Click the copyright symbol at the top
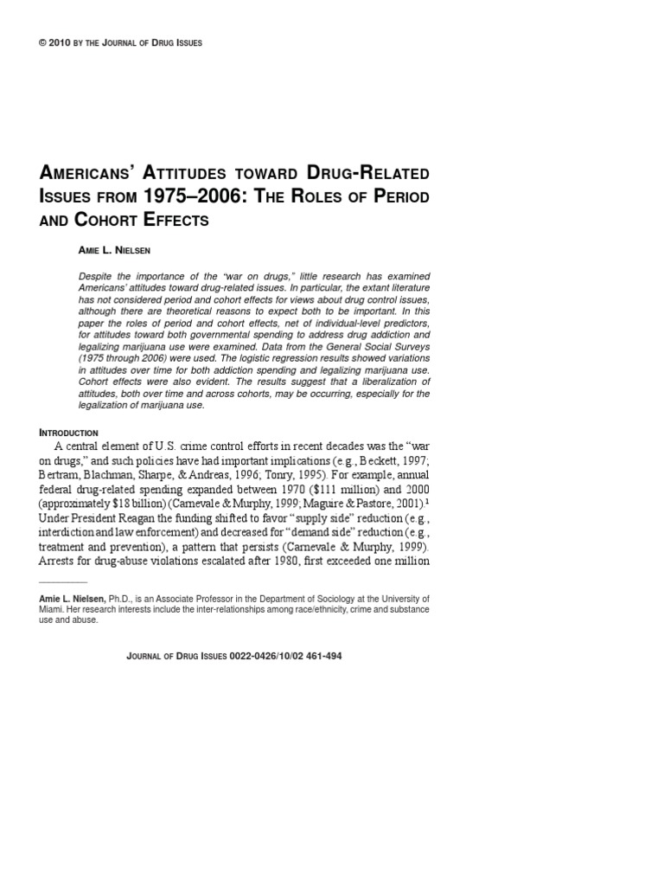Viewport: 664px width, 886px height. click(42, 42)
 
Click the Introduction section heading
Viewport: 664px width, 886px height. click(68, 433)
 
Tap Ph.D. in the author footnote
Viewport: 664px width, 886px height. click(123, 599)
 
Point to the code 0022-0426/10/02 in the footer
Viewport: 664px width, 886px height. click(257, 656)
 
